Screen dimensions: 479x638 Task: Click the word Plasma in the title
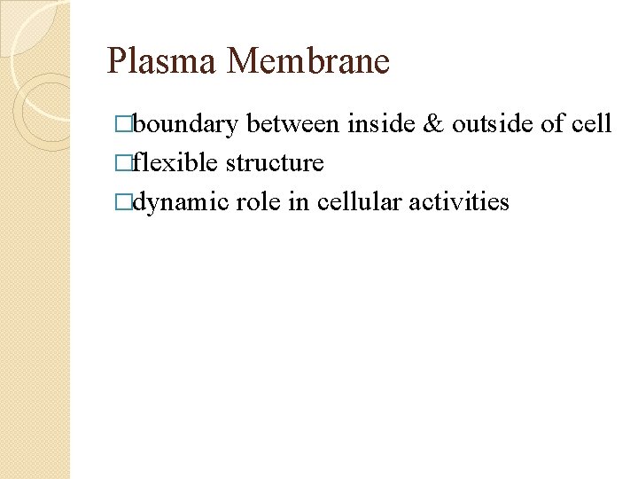click(x=162, y=61)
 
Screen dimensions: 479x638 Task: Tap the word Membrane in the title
click(x=308, y=61)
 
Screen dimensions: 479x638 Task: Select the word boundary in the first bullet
click(x=186, y=123)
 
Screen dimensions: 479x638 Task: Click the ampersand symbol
click(x=433, y=123)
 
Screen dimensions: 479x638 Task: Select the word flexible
click(x=175, y=162)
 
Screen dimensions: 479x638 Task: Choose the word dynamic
click(x=182, y=201)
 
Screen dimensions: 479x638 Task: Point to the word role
click(x=257, y=201)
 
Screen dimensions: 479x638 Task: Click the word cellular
click(x=359, y=201)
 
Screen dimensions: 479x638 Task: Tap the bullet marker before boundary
click(x=124, y=124)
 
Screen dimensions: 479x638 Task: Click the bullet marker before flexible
click(x=124, y=163)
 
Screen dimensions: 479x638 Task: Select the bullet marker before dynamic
click(x=124, y=202)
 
